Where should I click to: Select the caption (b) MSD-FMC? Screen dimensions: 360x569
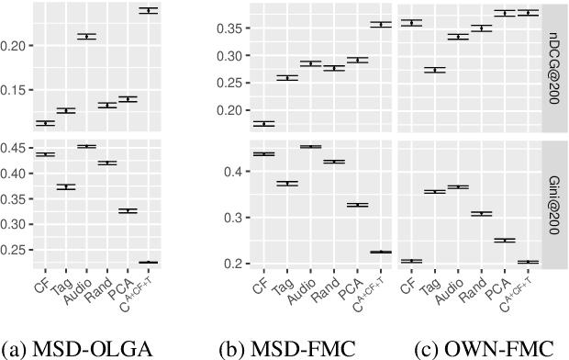272,348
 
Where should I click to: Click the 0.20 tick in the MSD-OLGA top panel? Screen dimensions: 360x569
17,45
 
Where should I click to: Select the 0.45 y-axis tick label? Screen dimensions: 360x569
17,148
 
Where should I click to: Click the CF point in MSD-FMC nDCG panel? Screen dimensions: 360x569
263,123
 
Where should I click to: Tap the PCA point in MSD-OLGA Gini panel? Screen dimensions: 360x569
128,211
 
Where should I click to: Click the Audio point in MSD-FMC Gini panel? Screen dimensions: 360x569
311,147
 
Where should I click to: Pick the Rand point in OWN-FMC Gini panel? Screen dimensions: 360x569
481,213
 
